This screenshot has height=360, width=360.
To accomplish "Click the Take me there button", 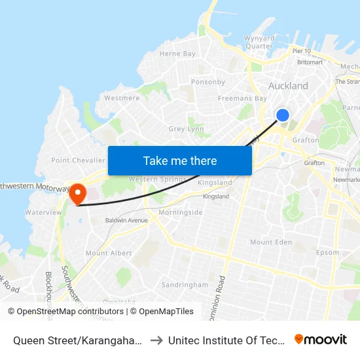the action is click(180, 160).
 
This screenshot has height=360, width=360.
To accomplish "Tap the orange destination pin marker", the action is click(78, 193).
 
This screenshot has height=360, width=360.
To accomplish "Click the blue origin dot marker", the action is click(283, 115).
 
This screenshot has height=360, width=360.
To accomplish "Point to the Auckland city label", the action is click(288, 86).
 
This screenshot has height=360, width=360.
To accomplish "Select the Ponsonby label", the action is click(207, 82).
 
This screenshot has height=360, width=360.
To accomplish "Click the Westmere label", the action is click(122, 98).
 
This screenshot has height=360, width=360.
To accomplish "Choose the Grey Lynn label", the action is click(187, 130).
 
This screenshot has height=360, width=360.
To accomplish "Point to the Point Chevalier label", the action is click(78, 160).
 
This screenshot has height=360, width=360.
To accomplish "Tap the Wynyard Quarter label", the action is click(259, 42).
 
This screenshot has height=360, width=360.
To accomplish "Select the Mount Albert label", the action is click(109, 253).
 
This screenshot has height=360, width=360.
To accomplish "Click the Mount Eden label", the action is click(270, 242).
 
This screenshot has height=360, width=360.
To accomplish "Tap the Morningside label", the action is click(181, 212).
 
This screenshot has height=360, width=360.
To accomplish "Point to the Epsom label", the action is click(328, 252).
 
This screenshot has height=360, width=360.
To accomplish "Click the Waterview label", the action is click(43, 212).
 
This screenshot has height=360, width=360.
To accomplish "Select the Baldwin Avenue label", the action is click(126, 221).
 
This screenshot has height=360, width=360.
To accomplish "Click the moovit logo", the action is click(321, 339).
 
